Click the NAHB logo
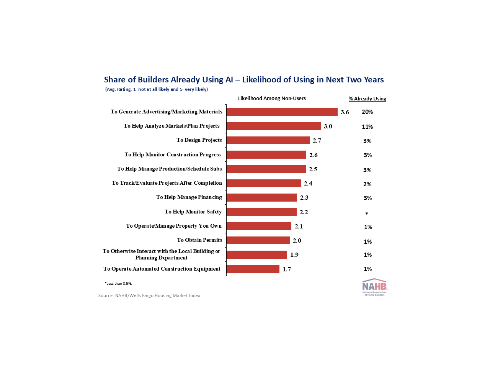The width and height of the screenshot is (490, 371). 374,287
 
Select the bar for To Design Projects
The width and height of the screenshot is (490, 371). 268,140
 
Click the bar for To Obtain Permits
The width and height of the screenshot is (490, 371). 258,240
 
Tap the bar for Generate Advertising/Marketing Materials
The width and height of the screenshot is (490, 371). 282,112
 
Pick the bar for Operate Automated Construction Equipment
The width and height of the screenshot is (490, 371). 253,269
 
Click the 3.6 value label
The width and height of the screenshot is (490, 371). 345,112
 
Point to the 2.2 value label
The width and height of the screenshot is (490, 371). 304,212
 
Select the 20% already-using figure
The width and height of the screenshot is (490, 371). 367,112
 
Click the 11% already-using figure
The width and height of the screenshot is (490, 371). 367,127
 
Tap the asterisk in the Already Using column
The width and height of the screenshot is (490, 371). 367,214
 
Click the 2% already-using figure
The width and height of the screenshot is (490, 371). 367,184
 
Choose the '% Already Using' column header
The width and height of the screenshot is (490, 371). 367,99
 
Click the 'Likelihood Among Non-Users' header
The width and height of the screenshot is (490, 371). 272,98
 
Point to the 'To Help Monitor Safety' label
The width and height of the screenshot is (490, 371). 193,212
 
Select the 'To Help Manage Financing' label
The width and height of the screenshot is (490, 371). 189,197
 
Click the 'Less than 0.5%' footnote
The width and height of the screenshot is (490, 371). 118,284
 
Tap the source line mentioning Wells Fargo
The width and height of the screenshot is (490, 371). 149,295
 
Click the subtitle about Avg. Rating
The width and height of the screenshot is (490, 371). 157,89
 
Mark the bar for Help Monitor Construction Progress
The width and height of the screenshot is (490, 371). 266,155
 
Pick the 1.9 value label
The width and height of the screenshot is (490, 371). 294,255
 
